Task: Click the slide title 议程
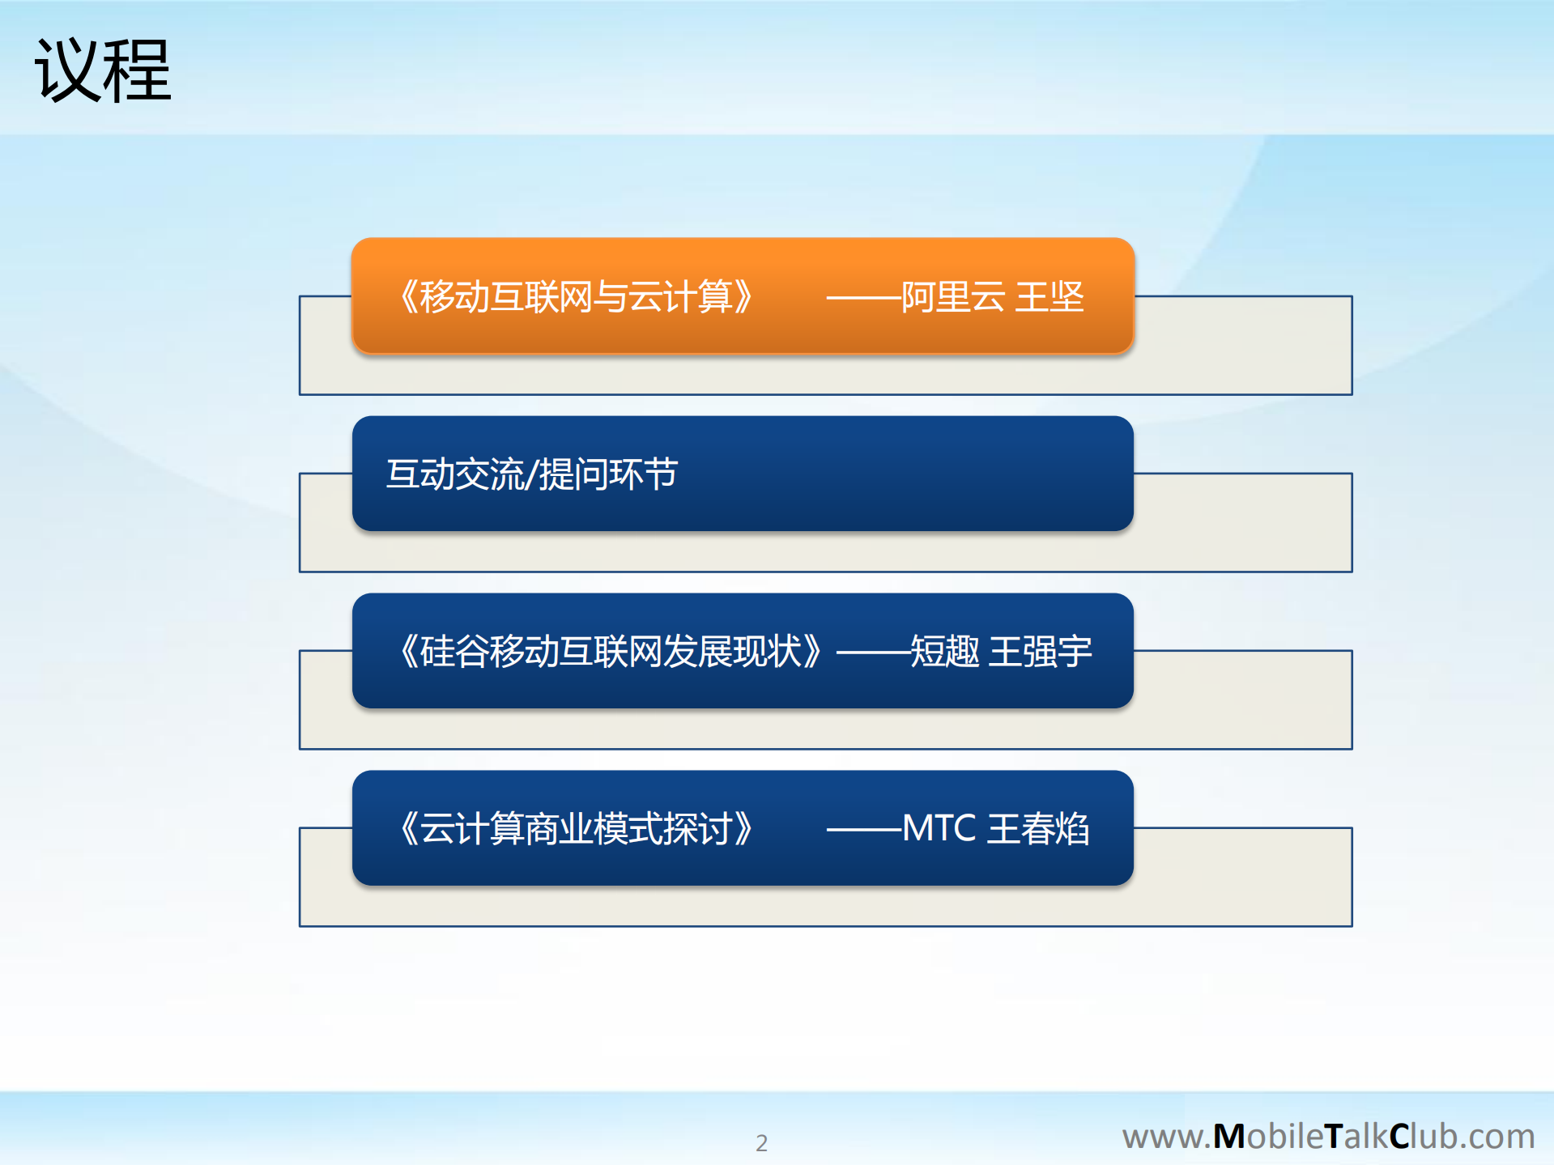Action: click(x=103, y=71)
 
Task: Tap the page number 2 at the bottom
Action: click(x=761, y=1142)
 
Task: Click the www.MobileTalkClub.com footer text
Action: click(x=1328, y=1136)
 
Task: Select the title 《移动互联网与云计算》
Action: click(x=577, y=296)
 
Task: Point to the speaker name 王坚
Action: click(x=1049, y=296)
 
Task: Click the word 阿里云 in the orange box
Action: click(x=953, y=296)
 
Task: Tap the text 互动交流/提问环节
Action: click(x=531, y=474)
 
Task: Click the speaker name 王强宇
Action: click(x=1041, y=651)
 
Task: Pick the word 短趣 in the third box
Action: click(x=944, y=651)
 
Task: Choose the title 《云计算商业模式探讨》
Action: click(x=577, y=828)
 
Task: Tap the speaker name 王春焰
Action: click(x=1039, y=828)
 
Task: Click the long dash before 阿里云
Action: click(x=863, y=297)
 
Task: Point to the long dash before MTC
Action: click(x=863, y=829)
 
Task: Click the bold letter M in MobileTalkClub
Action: click(x=1228, y=1137)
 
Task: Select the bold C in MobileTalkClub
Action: click(x=1400, y=1137)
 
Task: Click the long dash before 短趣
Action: click(x=873, y=652)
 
